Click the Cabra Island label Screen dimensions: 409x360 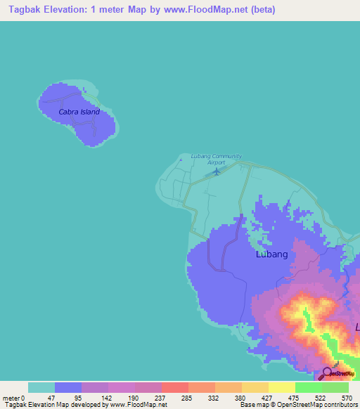point(79,112)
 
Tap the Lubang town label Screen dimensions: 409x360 point(271,254)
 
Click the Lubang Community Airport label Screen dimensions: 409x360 point(217,159)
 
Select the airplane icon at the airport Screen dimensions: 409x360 point(217,171)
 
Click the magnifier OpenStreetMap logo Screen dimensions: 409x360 point(328,373)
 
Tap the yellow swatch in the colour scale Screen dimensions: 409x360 point(281,387)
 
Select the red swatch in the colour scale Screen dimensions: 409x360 point(174,387)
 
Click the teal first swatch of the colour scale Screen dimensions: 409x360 point(41,387)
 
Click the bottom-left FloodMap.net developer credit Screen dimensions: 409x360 point(84,405)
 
